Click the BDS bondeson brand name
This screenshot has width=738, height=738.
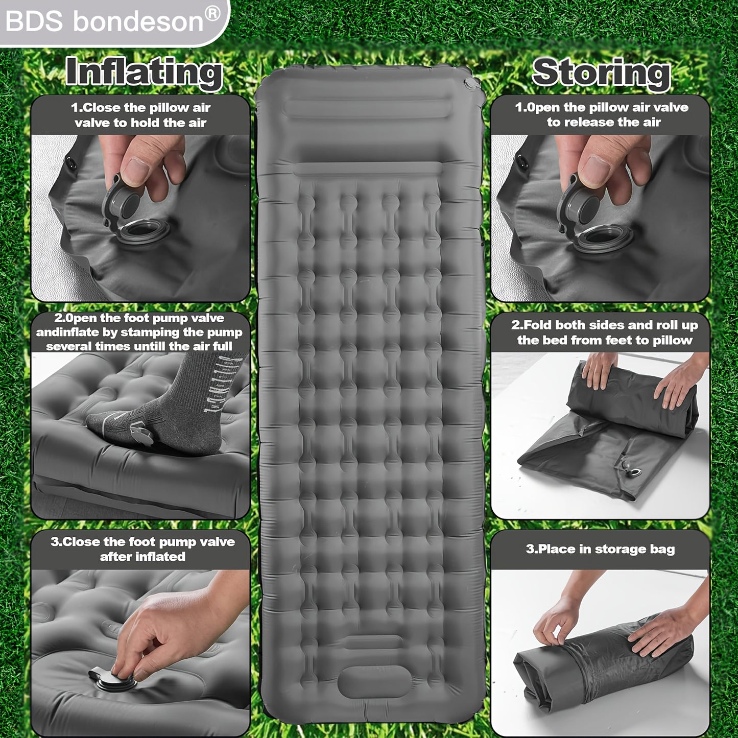pos(104,21)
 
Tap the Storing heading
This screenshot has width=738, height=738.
pos(601,75)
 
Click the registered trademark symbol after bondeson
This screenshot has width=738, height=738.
pos(212,14)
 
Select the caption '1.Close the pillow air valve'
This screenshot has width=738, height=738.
pos(140,115)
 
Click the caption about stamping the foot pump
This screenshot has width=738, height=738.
pos(139,332)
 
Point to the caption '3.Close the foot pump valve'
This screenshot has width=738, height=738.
pos(142,549)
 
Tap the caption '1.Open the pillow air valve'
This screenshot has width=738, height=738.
pos(602,114)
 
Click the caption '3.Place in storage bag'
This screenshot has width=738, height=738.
pos(600,549)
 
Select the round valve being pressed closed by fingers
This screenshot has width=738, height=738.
pos(113,681)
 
